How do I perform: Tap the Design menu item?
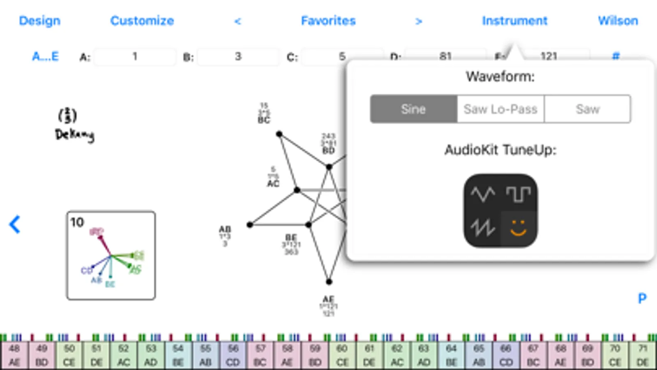39,21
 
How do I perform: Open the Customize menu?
142,21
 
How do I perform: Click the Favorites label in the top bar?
328,21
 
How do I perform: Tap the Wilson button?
618,21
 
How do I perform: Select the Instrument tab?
514,21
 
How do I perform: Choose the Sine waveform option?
413,109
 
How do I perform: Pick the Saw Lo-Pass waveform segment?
500,109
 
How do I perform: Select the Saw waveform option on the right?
588,109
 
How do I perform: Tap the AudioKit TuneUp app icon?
500,210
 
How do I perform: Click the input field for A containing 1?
135,57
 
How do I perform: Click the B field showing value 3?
238,57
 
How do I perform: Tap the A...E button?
45,56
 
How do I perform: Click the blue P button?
642,298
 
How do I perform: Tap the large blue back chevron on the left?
15,224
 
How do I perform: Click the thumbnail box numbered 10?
111,255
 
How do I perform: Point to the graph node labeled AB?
250,224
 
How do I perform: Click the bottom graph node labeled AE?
329,282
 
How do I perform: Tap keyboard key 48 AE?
14,356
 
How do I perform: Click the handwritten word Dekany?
74,134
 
